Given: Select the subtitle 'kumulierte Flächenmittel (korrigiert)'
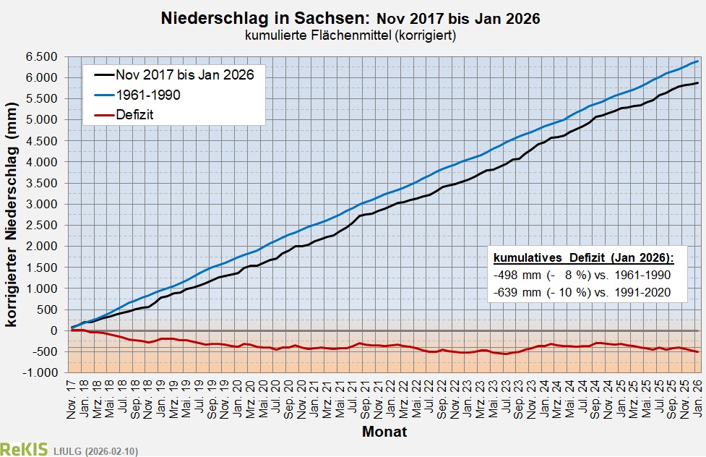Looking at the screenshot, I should (x=352, y=35).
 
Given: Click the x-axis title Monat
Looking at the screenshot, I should (x=384, y=433).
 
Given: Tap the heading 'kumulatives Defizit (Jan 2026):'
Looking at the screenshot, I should (x=583, y=258).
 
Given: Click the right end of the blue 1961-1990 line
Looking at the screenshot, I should (x=697, y=61).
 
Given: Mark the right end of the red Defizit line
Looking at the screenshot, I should (x=697, y=351).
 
